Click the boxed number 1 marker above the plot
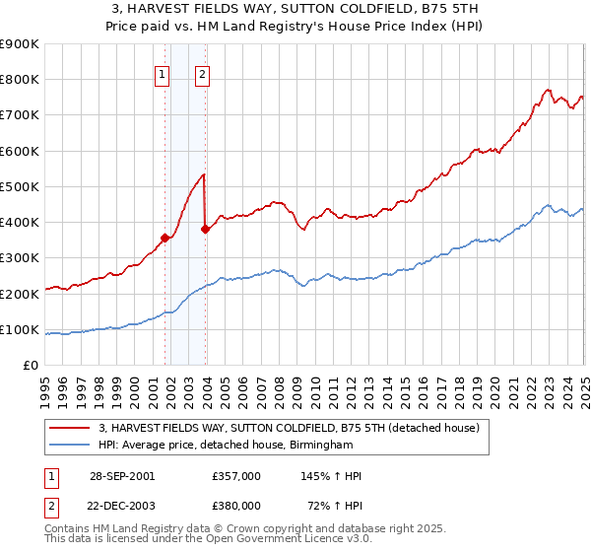[x=162, y=72]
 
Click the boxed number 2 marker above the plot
[x=202, y=72]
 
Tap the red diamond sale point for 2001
[x=164, y=238]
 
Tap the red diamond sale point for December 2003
[x=205, y=229]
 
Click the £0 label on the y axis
[x=31, y=366]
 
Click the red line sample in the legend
[x=70, y=428]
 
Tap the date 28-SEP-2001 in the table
[x=120, y=476]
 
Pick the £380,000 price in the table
[x=236, y=505]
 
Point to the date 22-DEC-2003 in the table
[x=120, y=505]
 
